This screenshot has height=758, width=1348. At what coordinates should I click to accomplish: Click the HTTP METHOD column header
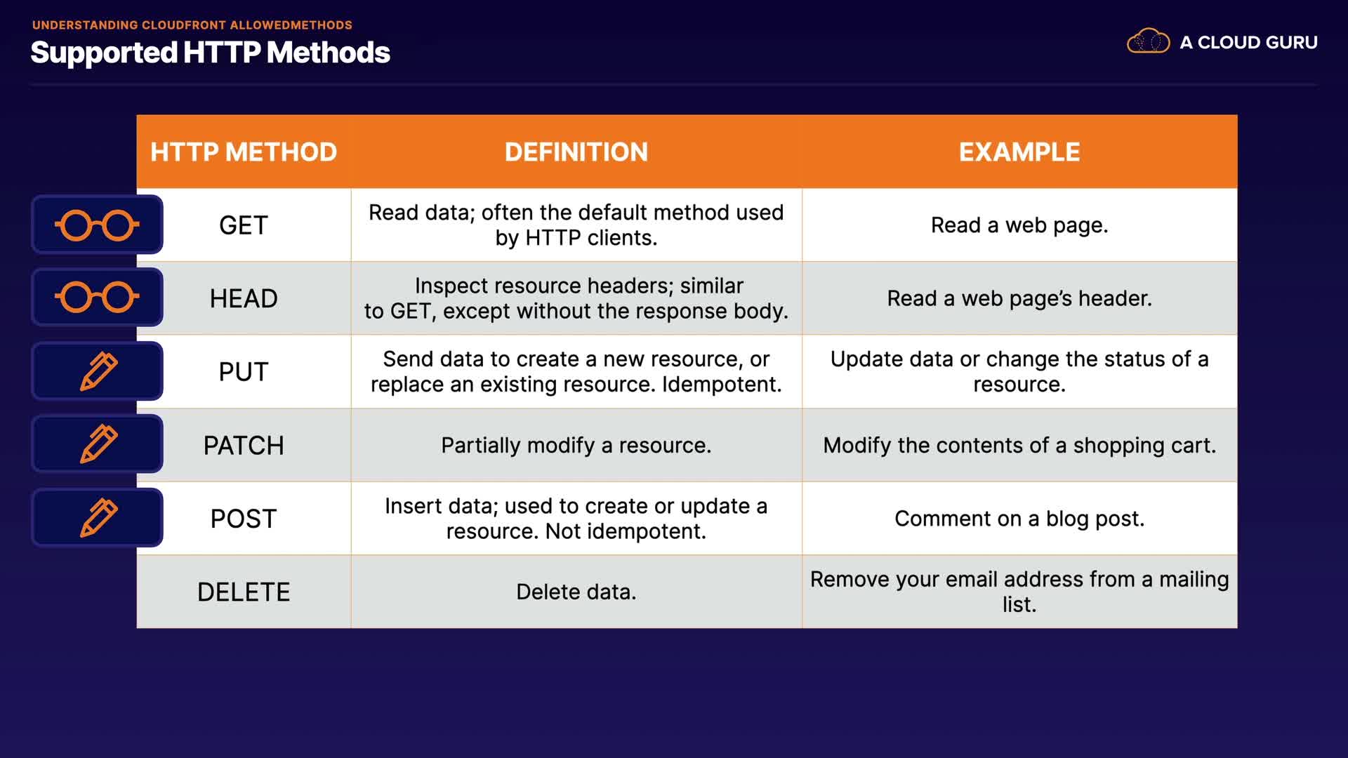tap(244, 152)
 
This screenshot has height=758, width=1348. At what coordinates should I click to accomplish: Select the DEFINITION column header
tap(576, 152)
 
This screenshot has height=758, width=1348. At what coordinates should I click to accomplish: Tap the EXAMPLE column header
tap(1019, 152)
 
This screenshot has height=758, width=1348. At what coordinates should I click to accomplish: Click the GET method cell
tap(244, 225)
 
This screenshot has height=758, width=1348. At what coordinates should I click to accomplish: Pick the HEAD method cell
tap(244, 298)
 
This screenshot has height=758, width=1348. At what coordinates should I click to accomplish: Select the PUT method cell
tap(244, 372)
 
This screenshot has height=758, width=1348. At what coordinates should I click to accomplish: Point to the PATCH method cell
tap(244, 446)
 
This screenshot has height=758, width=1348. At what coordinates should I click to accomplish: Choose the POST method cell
tap(244, 519)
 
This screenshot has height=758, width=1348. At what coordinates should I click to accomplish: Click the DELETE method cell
tap(244, 592)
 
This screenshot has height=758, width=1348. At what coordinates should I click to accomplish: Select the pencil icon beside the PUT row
tap(98, 371)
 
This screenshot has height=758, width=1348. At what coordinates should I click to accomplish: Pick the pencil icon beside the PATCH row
tap(98, 444)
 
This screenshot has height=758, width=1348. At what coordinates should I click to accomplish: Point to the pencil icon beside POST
tap(98, 518)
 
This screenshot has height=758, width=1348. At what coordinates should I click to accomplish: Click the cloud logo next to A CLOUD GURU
tap(1149, 41)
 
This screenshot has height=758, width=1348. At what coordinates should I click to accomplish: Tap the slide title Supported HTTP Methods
tap(211, 53)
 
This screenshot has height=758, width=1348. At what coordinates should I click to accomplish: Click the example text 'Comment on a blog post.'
tap(1019, 519)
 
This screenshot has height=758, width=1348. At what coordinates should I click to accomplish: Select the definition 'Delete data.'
tap(576, 592)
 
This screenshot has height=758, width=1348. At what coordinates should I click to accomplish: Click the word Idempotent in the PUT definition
tap(722, 385)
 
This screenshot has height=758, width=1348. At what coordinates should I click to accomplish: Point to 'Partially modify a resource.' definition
tap(576, 446)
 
